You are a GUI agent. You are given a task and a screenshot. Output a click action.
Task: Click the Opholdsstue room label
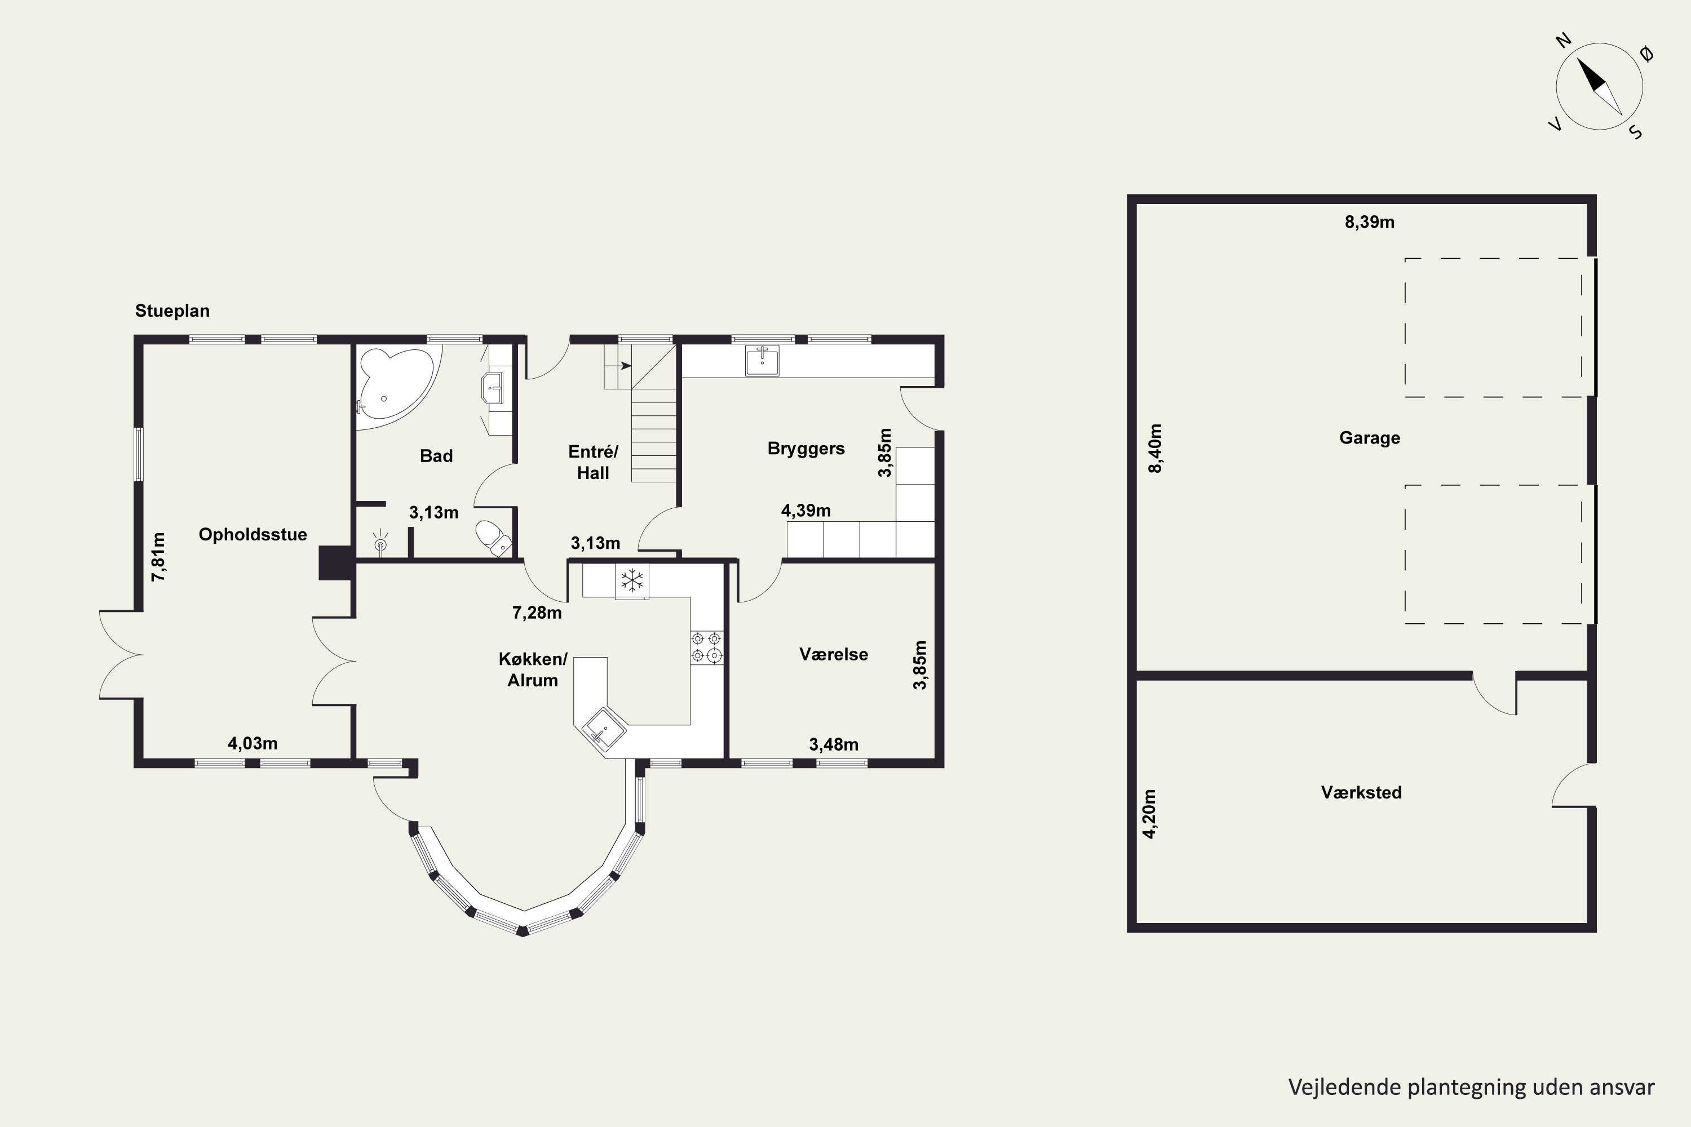253,534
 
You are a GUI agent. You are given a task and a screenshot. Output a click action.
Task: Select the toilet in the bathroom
493,538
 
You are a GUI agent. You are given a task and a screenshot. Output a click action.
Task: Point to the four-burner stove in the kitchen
706,647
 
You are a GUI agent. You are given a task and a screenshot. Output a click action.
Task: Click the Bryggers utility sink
762,360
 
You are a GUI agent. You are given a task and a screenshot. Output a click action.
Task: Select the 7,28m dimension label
537,613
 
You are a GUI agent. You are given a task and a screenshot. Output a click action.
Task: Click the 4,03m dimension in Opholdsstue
253,744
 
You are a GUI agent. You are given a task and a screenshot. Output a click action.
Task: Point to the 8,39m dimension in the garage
1370,222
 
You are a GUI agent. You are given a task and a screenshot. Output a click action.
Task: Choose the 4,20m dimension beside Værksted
1150,814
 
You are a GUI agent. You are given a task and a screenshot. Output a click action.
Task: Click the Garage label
1370,438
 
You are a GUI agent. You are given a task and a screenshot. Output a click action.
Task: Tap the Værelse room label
833,654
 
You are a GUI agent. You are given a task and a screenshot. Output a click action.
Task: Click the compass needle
1600,87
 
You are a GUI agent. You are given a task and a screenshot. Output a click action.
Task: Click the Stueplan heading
172,311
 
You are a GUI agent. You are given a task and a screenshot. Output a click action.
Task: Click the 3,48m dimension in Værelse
833,744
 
